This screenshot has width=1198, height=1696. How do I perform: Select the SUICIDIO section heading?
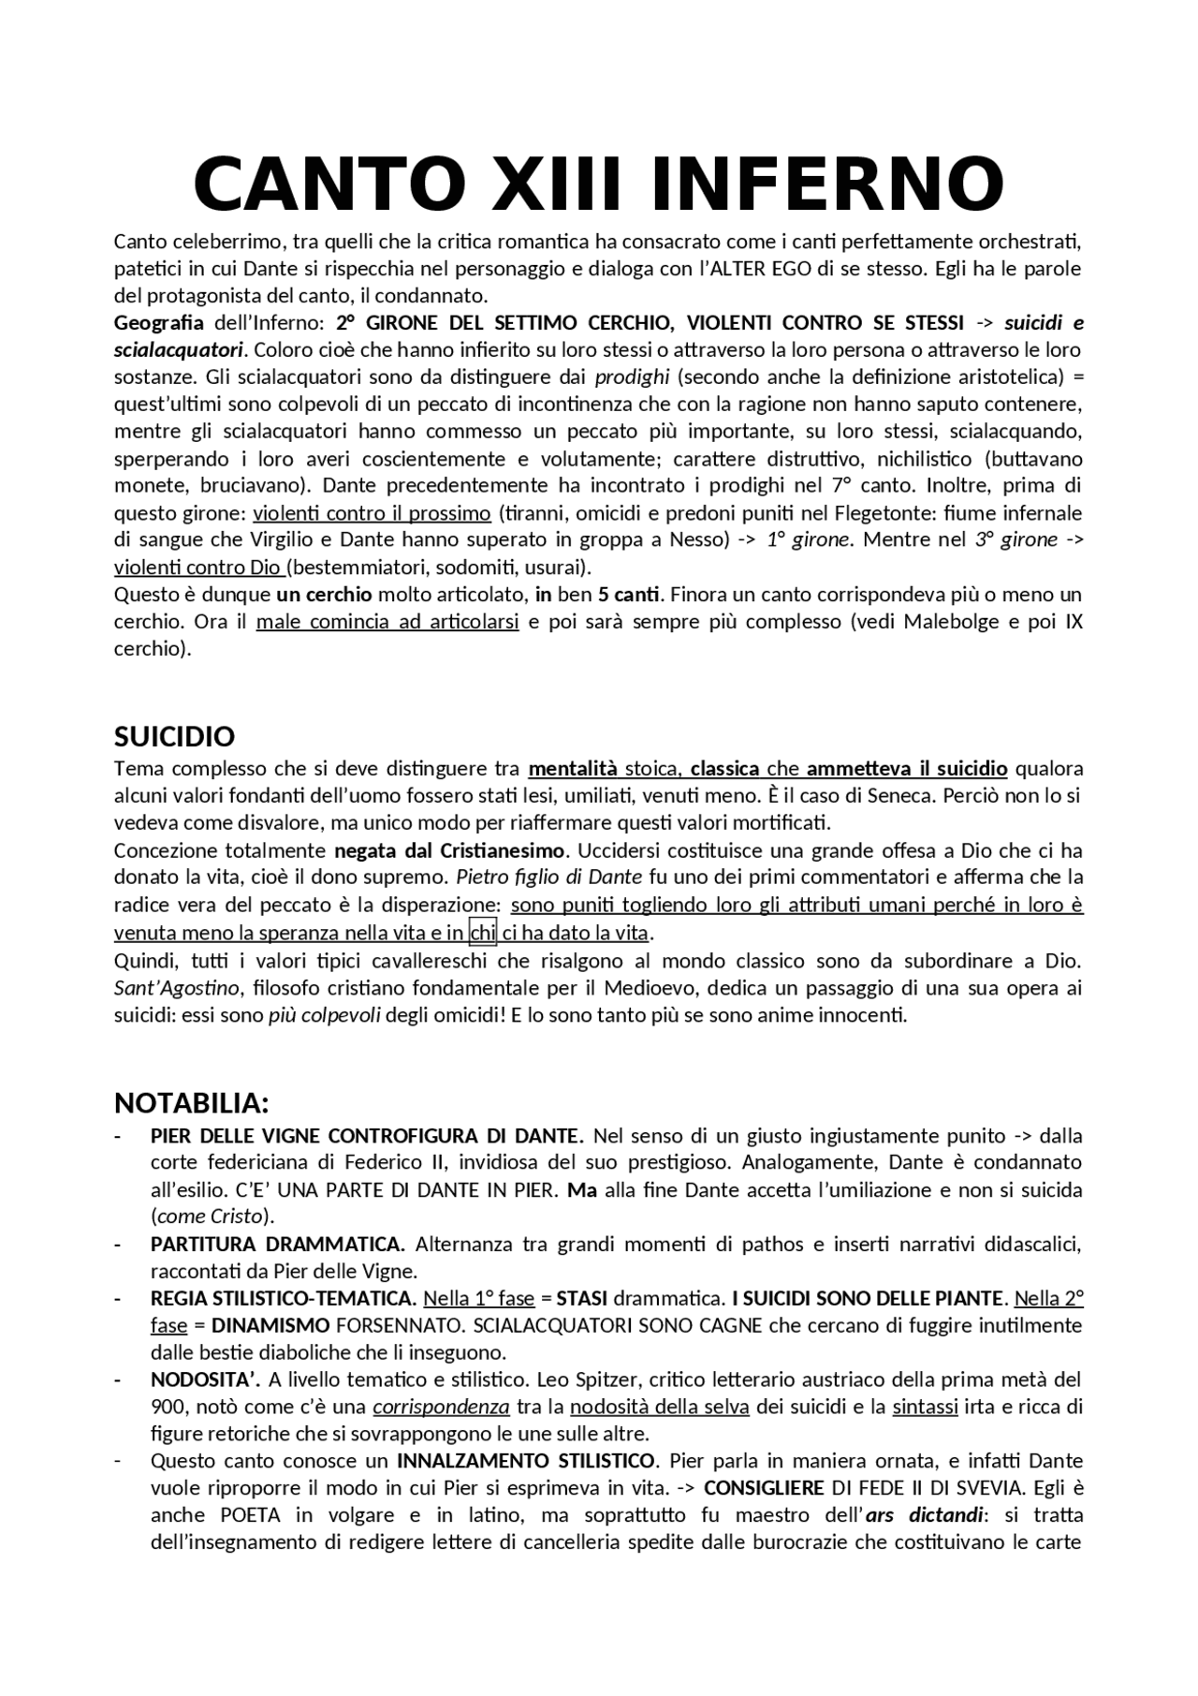click(x=174, y=737)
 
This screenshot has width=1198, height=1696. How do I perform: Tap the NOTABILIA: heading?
click(x=192, y=1102)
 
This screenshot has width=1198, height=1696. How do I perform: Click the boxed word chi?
click(x=483, y=933)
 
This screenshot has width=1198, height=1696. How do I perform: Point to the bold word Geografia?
click(x=158, y=323)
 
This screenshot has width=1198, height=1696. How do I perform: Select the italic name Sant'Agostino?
click(x=178, y=988)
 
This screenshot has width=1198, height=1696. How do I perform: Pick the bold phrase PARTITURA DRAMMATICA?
click(x=277, y=1245)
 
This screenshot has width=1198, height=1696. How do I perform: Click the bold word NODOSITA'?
click(x=204, y=1379)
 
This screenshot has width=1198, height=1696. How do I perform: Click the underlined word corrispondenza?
click(x=441, y=1407)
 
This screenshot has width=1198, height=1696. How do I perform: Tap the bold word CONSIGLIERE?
click(x=764, y=1488)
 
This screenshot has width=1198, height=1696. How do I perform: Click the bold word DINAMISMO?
click(x=270, y=1325)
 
